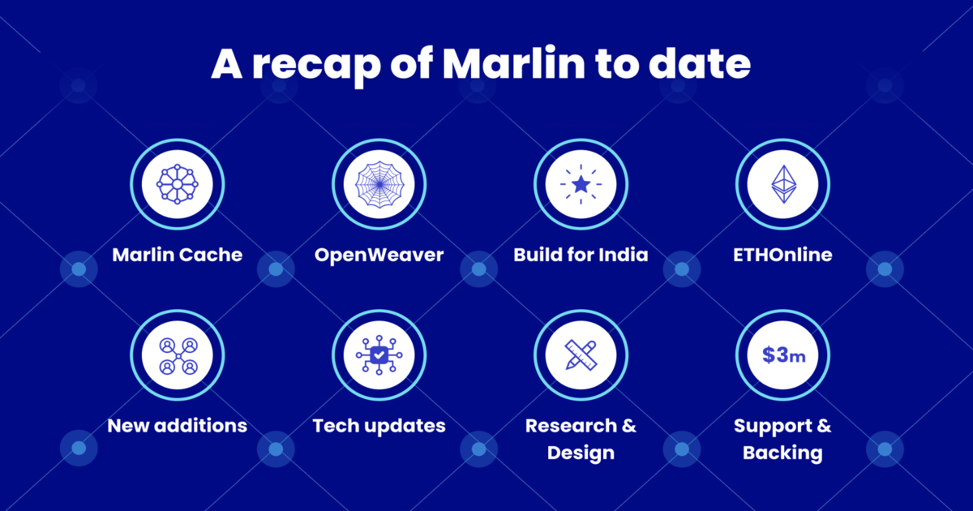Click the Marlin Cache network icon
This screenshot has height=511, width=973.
[177, 185]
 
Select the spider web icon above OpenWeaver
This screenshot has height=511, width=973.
[379, 185]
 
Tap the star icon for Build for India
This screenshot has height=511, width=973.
[581, 185]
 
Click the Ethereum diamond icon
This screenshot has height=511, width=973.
[782, 185]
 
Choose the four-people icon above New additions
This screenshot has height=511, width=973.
[177, 355]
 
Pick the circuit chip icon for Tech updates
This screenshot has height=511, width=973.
[379, 355]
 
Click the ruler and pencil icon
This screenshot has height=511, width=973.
[581, 355]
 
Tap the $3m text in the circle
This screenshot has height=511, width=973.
[782, 355]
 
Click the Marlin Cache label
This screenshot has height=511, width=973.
[177, 255]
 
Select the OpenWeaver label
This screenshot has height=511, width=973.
[379, 255]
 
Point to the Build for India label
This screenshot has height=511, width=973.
[581, 255]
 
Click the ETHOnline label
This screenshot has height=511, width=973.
[782, 255]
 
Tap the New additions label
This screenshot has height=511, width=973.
[177, 425]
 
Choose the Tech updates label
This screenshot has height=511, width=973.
[379, 425]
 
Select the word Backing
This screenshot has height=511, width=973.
[782, 453]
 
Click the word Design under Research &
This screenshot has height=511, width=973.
[581, 453]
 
